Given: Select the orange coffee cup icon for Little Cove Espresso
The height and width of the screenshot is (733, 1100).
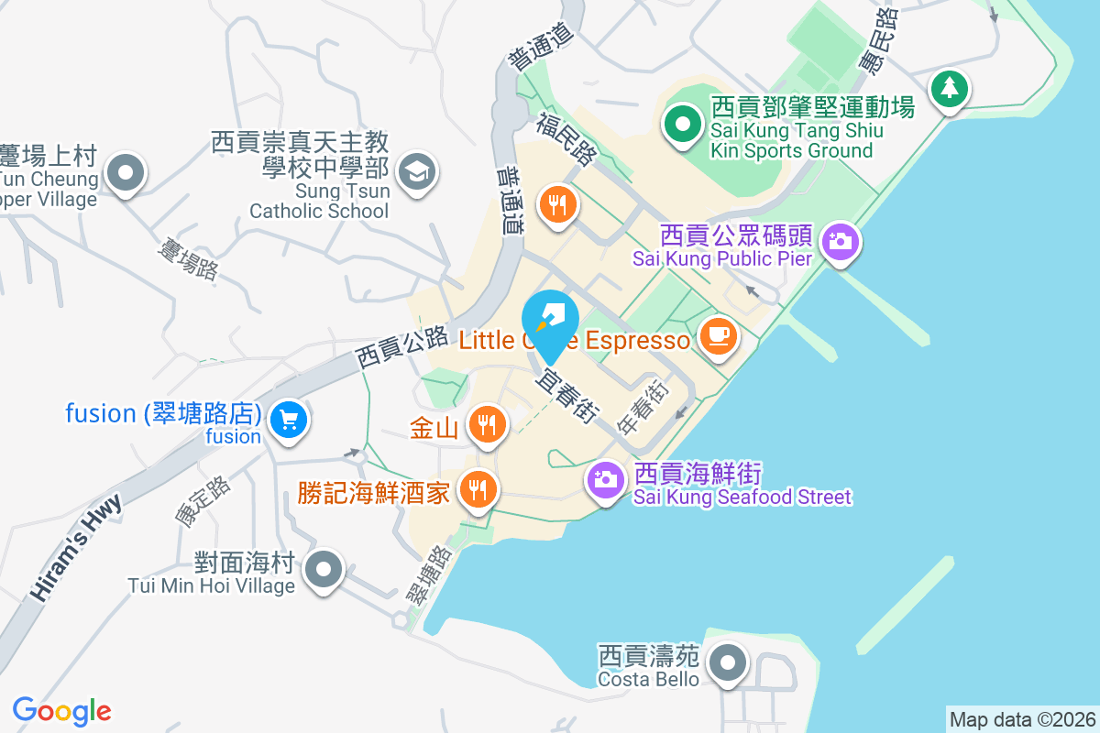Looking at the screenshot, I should (718, 335).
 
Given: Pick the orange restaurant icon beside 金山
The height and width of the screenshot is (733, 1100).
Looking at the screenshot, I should (487, 424).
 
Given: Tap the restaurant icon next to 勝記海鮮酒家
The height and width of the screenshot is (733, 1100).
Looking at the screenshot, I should (477, 489).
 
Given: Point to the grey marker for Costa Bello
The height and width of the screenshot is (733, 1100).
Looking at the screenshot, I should (729, 662).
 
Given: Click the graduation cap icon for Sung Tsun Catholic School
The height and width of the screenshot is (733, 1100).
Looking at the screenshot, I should (417, 171).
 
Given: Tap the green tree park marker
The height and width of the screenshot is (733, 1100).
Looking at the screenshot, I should (949, 89).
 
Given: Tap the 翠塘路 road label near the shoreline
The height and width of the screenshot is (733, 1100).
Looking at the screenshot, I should (428, 574).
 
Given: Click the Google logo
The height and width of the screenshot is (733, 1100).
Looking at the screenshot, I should (62, 710).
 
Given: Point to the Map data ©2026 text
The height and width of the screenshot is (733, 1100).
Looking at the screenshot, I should (1022, 719).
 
